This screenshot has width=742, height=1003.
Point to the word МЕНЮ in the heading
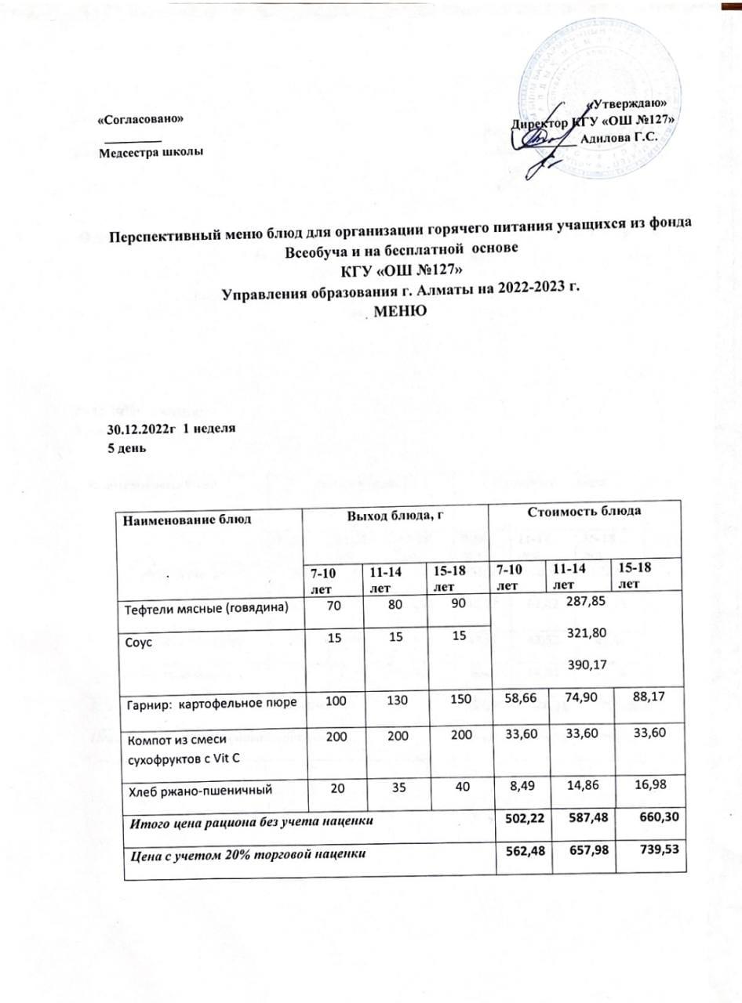coord(402,310)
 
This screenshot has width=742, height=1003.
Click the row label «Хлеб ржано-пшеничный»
coord(200,790)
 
